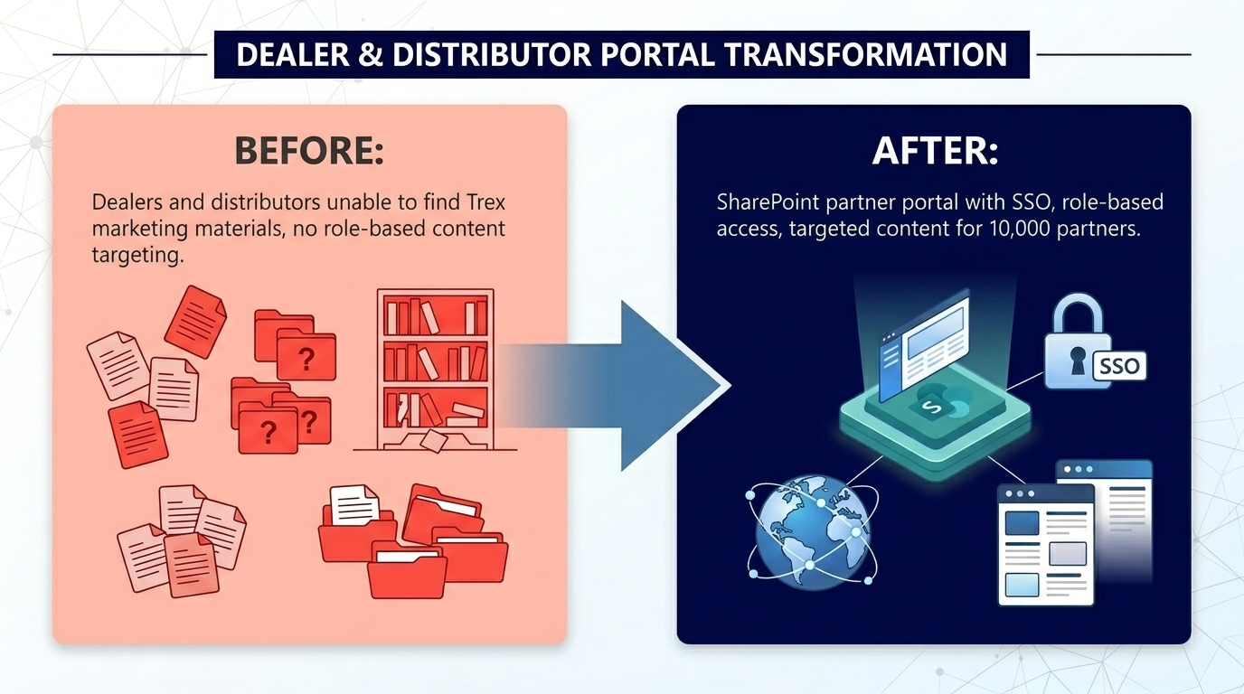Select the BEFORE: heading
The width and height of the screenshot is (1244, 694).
click(x=309, y=151)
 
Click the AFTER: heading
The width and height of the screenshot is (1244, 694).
click(x=935, y=151)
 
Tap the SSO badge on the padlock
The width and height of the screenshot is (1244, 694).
click(x=1119, y=367)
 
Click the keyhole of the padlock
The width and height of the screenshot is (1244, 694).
click(x=1078, y=361)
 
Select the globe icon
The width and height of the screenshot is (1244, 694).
click(x=813, y=531)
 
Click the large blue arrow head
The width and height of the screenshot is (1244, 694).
click(x=674, y=386)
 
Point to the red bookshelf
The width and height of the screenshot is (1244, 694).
click(x=435, y=370)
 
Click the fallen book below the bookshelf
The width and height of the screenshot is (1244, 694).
click(x=434, y=441)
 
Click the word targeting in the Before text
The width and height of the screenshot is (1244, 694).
click(x=137, y=256)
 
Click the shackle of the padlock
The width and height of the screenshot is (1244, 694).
click(x=1078, y=314)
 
